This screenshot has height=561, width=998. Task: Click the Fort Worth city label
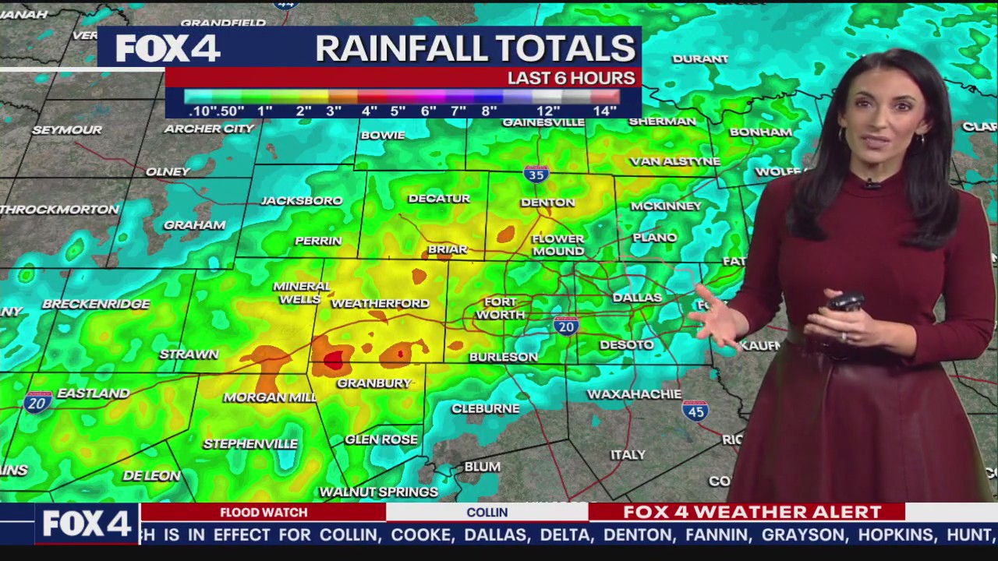tap(500, 308)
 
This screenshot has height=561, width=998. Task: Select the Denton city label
tap(547, 203)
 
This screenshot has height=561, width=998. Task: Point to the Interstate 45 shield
tap(695, 410)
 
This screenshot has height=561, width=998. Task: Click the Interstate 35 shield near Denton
tap(536, 173)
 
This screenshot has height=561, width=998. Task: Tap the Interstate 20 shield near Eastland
tap(37, 401)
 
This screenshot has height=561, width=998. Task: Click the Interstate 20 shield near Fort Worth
tap(566, 326)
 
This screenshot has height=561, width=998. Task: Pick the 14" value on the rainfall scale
tap(605, 111)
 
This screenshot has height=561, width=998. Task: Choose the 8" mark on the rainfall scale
tap(489, 111)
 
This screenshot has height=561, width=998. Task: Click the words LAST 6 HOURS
tap(571, 78)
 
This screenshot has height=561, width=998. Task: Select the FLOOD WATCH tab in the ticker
tap(264, 512)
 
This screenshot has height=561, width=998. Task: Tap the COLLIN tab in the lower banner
tap(487, 512)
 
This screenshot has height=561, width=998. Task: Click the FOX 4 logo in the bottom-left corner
tap(86, 524)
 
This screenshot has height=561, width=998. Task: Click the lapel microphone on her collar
tap(872, 184)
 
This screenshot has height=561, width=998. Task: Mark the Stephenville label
tap(250, 444)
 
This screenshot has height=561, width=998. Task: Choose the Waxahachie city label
tap(634, 394)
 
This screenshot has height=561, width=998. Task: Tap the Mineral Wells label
tap(302, 292)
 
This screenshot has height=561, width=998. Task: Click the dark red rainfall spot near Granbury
tap(334, 359)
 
